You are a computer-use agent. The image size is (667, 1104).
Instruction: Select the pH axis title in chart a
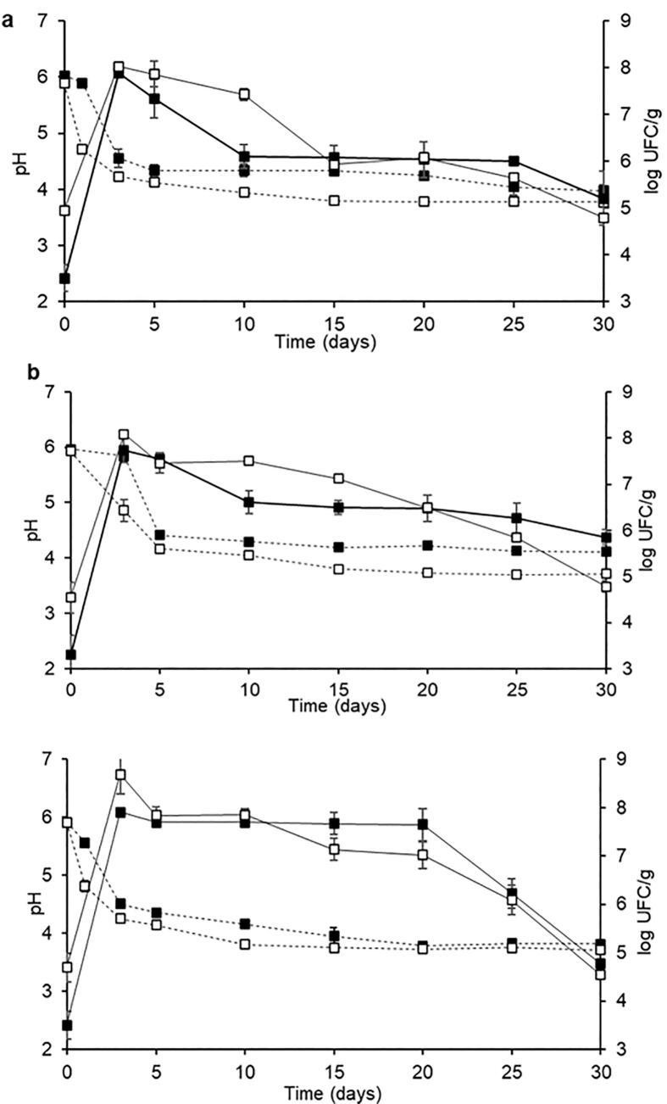(x=16, y=160)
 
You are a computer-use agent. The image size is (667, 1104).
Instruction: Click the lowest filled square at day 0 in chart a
(x=64, y=278)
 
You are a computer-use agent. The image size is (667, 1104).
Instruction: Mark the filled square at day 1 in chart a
(x=82, y=83)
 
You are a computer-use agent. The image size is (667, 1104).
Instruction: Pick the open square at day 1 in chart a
(x=82, y=149)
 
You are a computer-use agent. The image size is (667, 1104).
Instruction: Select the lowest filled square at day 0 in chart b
(x=71, y=655)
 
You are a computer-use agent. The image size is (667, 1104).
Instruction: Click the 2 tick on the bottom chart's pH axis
(x=44, y=1050)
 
